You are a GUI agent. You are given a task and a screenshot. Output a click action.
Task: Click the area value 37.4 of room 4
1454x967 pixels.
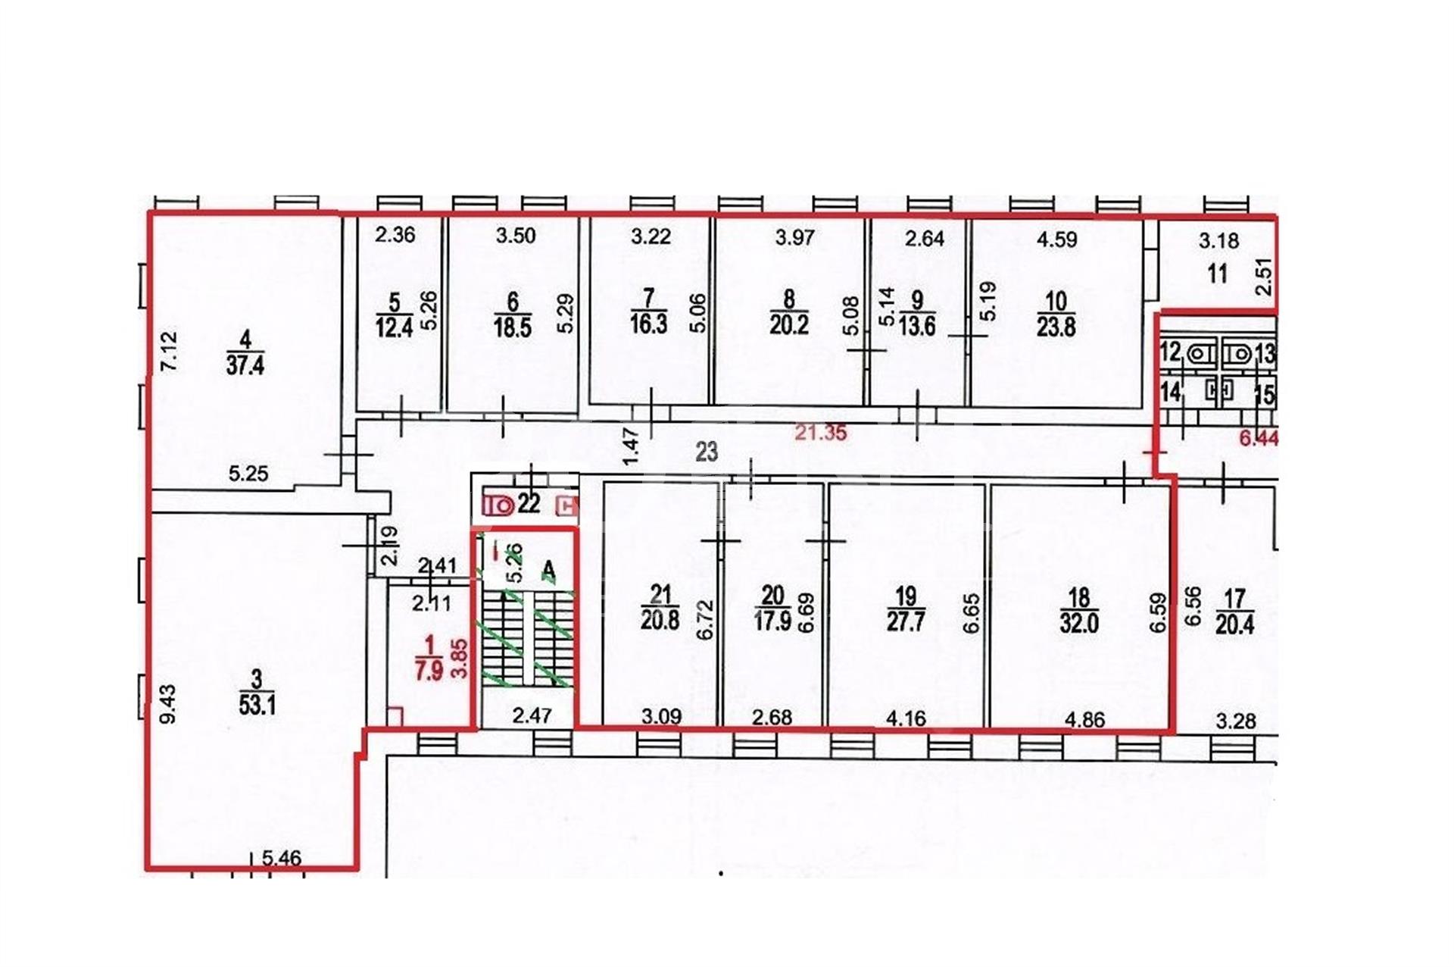click(x=245, y=366)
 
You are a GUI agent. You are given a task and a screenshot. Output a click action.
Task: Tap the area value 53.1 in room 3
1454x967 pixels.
click(x=257, y=706)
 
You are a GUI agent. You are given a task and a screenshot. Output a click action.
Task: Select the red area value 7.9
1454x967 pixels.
click(x=429, y=671)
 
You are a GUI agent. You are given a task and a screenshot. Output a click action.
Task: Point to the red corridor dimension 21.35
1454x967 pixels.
click(x=821, y=433)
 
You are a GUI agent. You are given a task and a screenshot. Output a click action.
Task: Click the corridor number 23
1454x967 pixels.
click(x=707, y=452)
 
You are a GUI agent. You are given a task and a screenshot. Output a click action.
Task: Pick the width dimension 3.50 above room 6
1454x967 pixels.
click(x=516, y=236)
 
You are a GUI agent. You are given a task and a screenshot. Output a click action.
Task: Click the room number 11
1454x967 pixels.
click(x=1217, y=273)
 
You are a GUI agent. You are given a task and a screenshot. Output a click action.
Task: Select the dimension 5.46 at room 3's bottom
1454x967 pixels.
click(x=282, y=859)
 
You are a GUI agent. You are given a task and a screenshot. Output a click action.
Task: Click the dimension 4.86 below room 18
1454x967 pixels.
click(x=1085, y=719)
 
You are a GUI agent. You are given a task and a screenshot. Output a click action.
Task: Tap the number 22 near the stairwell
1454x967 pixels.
click(x=529, y=503)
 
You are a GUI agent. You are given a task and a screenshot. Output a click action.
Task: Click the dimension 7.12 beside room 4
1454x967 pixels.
click(x=169, y=351)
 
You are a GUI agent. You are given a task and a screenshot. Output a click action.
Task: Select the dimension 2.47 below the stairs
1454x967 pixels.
click(x=532, y=715)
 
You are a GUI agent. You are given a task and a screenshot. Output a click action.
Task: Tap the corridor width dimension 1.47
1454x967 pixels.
click(x=631, y=447)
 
